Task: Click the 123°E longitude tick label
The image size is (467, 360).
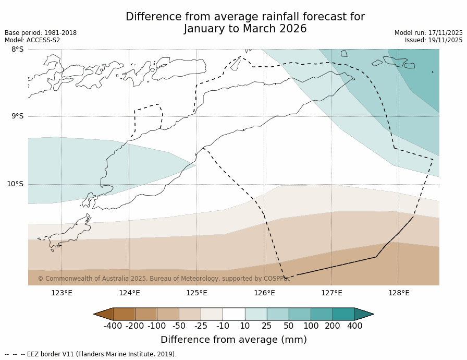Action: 62,293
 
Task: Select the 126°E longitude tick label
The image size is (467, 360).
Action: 264,293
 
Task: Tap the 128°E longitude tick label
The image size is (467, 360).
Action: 399,293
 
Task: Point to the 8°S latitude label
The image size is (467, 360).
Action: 17,50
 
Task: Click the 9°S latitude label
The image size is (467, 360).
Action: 17,116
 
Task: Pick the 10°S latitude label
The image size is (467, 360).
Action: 15,184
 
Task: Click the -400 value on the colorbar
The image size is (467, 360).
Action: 113,326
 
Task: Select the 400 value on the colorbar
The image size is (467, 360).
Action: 354,326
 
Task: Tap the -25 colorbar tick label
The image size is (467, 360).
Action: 201,326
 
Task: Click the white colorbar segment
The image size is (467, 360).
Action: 233,314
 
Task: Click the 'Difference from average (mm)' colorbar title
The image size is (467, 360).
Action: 233,340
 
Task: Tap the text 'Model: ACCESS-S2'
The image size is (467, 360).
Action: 32,40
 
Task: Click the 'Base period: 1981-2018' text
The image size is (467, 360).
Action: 41,33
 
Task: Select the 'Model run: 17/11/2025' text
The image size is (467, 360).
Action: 428,33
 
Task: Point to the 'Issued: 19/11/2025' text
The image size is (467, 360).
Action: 434,40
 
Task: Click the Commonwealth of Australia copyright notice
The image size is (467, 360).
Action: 164,279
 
